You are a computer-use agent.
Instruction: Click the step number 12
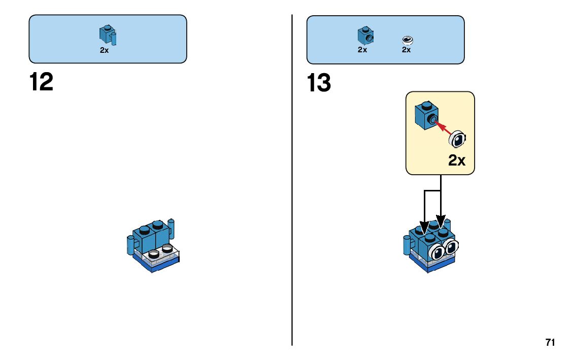pyautogui.click(x=42, y=82)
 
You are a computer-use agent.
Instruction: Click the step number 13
pyautogui.click(x=319, y=83)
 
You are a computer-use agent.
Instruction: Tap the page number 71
pyautogui.click(x=550, y=342)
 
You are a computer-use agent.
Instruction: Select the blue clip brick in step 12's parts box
pyautogui.click(x=107, y=35)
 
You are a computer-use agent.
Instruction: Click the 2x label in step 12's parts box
pyautogui.click(x=104, y=50)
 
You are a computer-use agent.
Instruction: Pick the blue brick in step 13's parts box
pyautogui.click(x=365, y=36)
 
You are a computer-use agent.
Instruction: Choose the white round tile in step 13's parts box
pyautogui.click(x=407, y=40)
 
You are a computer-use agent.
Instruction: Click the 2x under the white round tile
pyautogui.click(x=406, y=50)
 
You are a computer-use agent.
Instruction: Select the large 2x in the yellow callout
pyautogui.click(x=457, y=160)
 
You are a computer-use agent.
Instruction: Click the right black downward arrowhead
pyautogui.click(x=441, y=223)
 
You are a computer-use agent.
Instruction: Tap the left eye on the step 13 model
pyautogui.click(x=437, y=250)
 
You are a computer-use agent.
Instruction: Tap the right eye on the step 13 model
pyautogui.click(x=450, y=247)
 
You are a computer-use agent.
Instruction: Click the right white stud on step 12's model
pyautogui.click(x=166, y=249)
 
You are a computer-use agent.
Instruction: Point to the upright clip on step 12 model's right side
pyautogui.click(x=172, y=229)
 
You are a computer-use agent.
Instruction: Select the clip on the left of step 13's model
pyautogui.click(x=407, y=245)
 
